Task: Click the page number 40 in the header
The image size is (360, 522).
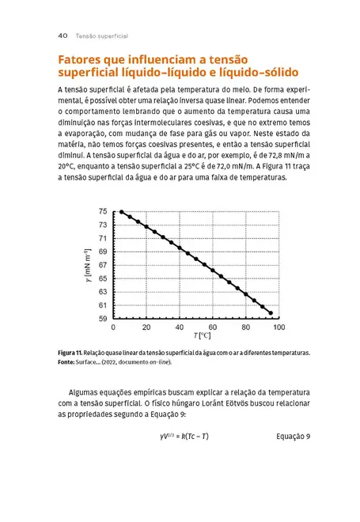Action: pyautogui.click(x=64, y=36)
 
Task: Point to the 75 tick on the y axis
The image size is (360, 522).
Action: pyautogui.click(x=103, y=211)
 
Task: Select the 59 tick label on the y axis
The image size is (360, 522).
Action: pyautogui.click(x=103, y=319)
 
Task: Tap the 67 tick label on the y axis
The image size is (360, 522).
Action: pyautogui.click(x=103, y=265)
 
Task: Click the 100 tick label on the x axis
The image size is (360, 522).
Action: pyautogui.click(x=277, y=327)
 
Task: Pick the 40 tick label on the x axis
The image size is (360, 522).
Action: pyautogui.click(x=179, y=327)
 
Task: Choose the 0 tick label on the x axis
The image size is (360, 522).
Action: pyautogui.click(x=114, y=327)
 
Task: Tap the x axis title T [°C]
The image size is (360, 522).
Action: pyautogui.click(x=195, y=337)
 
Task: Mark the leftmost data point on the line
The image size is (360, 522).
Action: pyautogui.click(x=121, y=212)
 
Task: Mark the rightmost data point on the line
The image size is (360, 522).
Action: pyautogui.click(x=271, y=313)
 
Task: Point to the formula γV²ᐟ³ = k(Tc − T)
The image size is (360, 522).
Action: pyautogui.click(x=189, y=437)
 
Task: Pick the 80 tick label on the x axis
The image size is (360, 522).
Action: pyautogui.click(x=244, y=327)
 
